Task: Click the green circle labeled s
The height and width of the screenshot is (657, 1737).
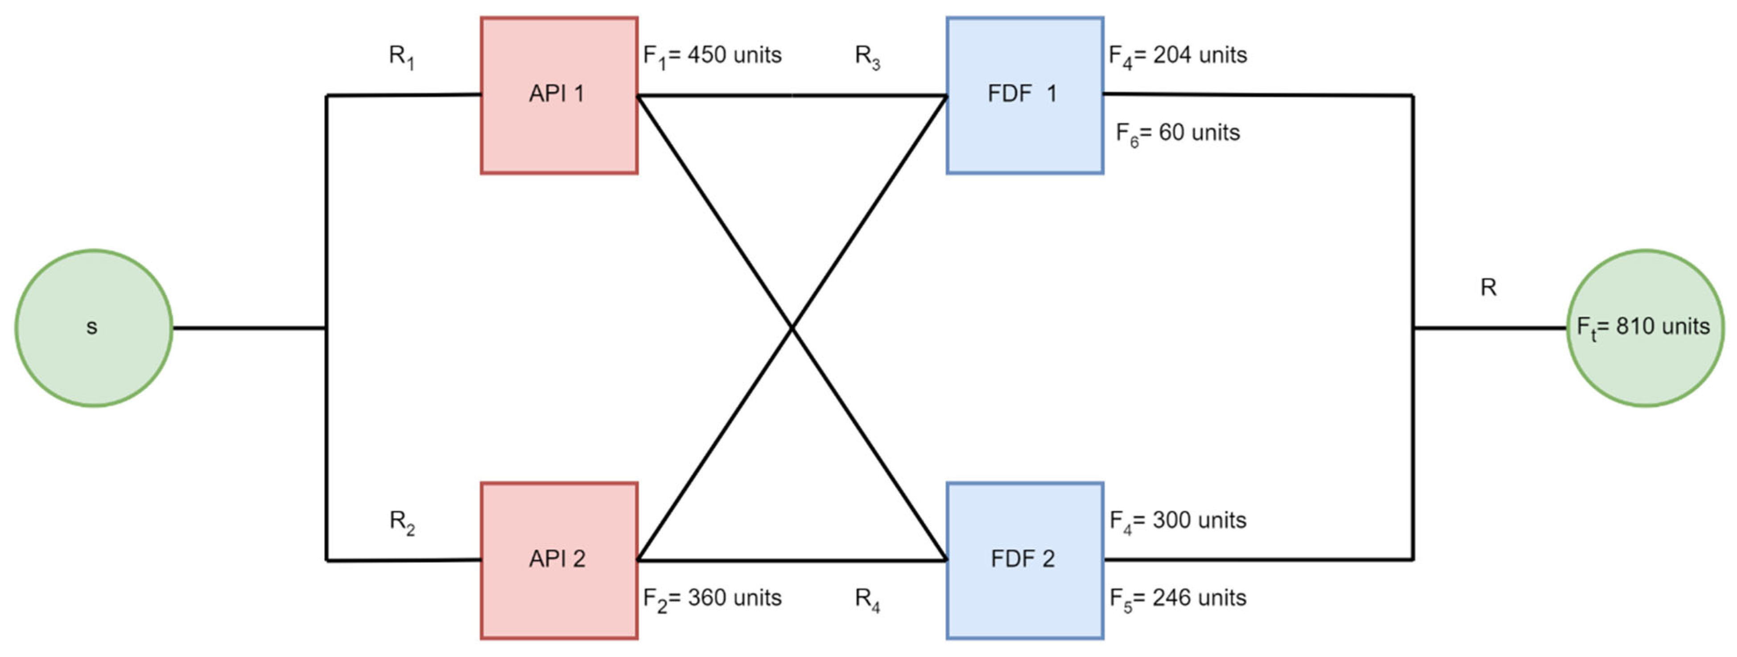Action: pos(94,328)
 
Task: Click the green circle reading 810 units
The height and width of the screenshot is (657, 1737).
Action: pos(1645,328)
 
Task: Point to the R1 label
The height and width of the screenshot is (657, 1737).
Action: pos(401,56)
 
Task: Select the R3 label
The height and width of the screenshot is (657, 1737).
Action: pos(867,56)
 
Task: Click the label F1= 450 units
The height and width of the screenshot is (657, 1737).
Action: pos(712,55)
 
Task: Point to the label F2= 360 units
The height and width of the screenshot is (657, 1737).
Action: pos(712,598)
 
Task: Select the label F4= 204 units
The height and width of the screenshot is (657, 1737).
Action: pos(1178,55)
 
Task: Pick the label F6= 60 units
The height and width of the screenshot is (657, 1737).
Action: pos(1178,133)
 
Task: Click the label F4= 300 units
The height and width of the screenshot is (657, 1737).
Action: pos(1178,521)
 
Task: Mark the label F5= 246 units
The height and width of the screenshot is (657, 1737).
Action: pos(1178,598)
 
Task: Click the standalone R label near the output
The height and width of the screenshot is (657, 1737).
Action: pos(1488,288)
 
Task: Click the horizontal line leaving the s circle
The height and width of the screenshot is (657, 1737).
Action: pos(249,328)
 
